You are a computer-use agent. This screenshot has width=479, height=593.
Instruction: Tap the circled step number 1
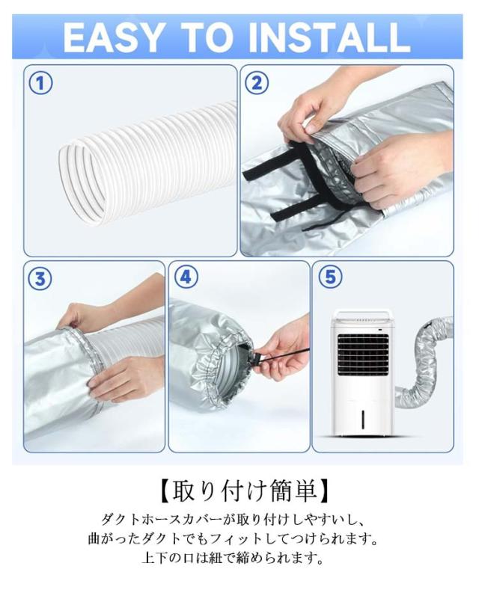(x=40, y=84)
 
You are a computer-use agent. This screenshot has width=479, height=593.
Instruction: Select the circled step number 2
(x=257, y=83)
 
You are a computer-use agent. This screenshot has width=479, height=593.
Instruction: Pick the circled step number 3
(x=40, y=279)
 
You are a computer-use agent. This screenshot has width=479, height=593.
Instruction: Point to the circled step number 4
(x=186, y=277)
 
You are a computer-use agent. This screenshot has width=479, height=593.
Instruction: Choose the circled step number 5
(x=330, y=277)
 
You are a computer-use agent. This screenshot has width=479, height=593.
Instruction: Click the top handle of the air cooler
(x=361, y=313)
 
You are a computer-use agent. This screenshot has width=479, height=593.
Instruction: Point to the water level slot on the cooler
(x=363, y=419)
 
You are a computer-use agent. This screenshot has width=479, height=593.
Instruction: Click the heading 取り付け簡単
(x=242, y=491)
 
